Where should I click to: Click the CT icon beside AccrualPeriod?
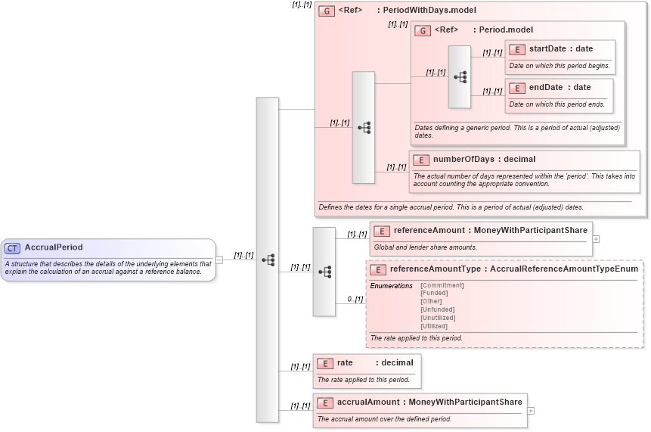(x=12, y=248)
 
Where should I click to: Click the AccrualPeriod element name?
(x=54, y=247)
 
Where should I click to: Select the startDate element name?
(x=547, y=49)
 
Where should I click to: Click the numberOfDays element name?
(x=463, y=160)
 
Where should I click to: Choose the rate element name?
(x=345, y=363)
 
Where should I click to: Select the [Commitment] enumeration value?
(x=442, y=285)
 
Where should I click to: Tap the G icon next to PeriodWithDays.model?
(x=327, y=11)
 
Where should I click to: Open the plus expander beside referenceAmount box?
(x=597, y=238)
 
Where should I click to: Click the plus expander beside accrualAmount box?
(x=530, y=411)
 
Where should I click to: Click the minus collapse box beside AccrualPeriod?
(x=219, y=260)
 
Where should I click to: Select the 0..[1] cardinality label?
(x=355, y=299)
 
